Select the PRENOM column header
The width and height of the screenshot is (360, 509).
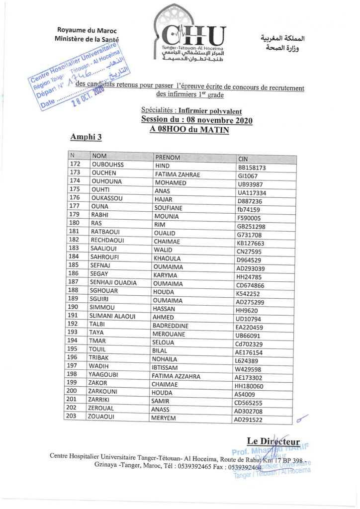click(x=168, y=158)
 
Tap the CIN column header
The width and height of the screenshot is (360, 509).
click(x=243, y=159)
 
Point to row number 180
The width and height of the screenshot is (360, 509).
click(x=75, y=223)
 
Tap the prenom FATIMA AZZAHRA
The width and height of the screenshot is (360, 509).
click(x=176, y=376)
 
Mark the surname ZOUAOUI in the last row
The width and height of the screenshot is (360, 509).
click(x=103, y=416)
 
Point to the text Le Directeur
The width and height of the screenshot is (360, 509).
click(x=273, y=441)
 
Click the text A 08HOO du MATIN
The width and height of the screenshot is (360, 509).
click(x=189, y=129)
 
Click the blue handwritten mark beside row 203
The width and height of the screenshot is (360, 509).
click(x=302, y=420)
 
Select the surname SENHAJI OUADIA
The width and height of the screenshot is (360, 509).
click(x=113, y=282)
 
